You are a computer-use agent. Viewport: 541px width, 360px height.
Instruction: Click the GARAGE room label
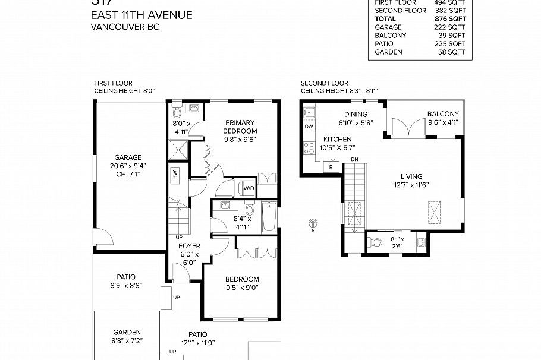coord(128,157)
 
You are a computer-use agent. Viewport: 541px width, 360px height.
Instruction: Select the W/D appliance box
coord(249,189)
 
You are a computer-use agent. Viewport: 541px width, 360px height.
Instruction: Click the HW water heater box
coord(175,175)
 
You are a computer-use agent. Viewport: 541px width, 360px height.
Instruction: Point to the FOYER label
coord(190,246)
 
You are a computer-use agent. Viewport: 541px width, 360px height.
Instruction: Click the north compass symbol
coord(313,225)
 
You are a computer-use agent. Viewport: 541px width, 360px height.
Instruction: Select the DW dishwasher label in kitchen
coord(309,127)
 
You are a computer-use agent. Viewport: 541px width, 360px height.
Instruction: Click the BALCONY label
coord(443,114)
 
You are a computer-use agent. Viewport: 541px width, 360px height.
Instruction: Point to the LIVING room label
coord(411,176)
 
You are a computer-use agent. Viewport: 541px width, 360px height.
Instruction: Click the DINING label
coord(356,115)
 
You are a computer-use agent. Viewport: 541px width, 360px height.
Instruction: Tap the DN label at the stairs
coord(354,159)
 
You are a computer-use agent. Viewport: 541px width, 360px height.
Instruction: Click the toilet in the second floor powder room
coord(376,242)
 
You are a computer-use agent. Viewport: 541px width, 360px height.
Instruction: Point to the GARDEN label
coord(127,332)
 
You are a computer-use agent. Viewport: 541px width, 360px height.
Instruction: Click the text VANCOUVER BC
coord(125,27)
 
